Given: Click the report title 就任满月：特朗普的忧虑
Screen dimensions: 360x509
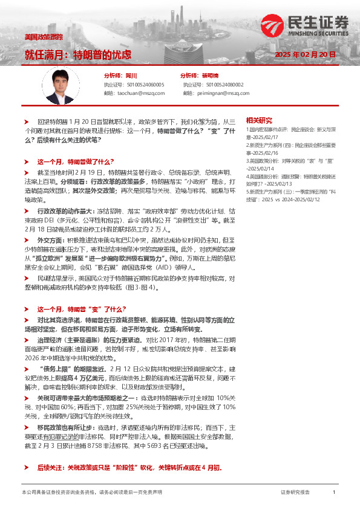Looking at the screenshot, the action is point(78,54).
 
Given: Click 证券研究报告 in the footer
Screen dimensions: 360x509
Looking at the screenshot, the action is point(295,493).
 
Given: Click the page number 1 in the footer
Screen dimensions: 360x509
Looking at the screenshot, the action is point(333,493).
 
